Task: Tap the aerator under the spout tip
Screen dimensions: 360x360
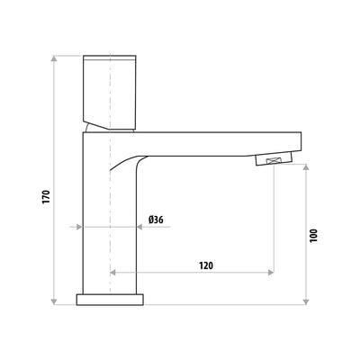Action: [x=274, y=160]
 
